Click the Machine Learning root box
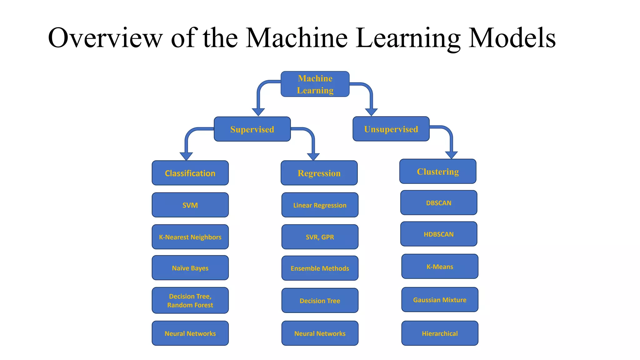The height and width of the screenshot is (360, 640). tap(315, 84)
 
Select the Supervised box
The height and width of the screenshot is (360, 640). tap(252, 129)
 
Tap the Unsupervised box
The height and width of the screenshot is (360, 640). tap(391, 129)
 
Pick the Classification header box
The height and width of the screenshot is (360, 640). tap(190, 173)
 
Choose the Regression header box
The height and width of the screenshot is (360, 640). tap(319, 173)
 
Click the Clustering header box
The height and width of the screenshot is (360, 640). tap(438, 171)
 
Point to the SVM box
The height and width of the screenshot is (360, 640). tap(190, 205)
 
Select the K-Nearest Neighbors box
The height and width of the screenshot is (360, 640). tap(190, 237)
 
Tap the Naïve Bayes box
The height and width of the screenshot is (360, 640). tap(190, 268)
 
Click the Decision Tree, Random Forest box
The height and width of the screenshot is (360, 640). tap(190, 300)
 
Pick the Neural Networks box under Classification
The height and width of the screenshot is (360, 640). tap(190, 333)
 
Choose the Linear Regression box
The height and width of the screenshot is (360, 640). tap(320, 205)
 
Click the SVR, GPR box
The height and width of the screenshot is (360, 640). tap(320, 237)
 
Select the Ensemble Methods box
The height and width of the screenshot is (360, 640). tap(320, 268)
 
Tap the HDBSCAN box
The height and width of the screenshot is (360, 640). tap(439, 234)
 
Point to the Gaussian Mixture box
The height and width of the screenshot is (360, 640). tap(440, 300)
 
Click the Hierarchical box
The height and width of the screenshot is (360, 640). tap(440, 333)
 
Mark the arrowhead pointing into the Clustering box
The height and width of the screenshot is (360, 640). tap(451, 155)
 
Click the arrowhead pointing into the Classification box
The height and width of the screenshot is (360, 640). tap(186, 156)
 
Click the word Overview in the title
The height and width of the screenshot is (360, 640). tap(105, 38)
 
